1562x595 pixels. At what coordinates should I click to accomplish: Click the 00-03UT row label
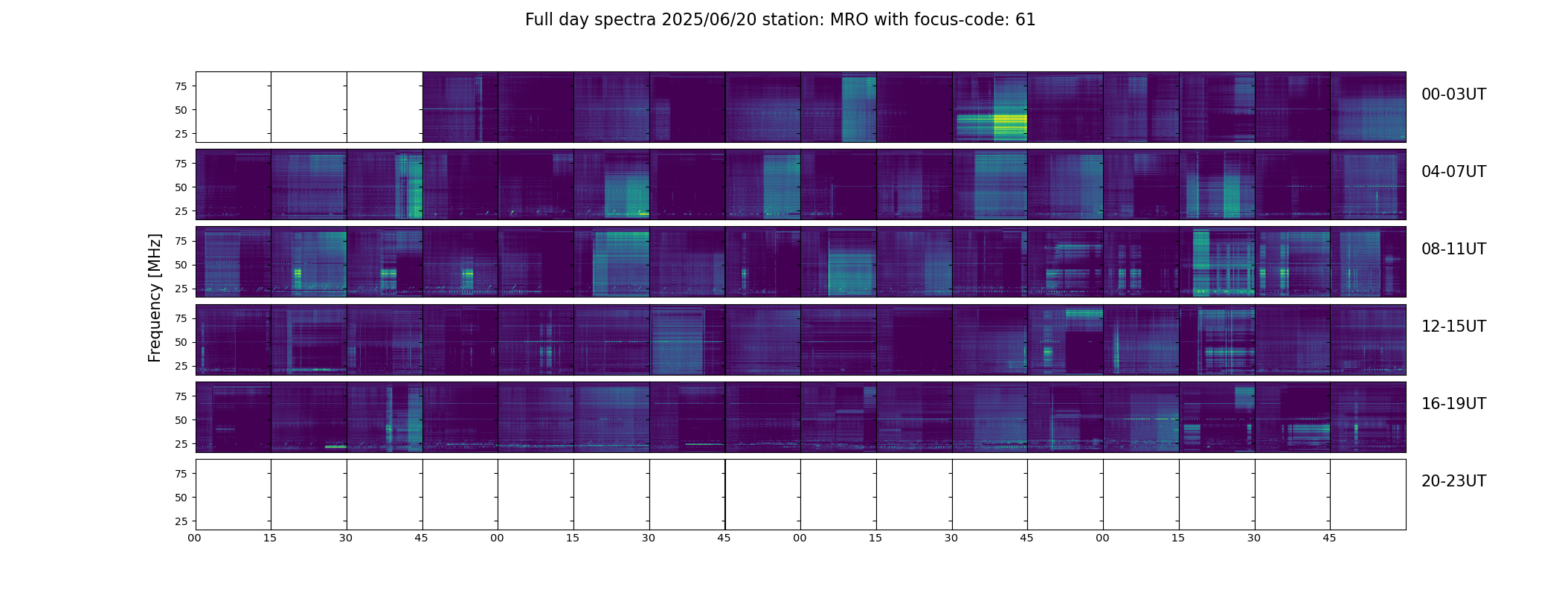tap(1453, 94)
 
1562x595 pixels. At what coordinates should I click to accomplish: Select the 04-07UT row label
tap(1453, 172)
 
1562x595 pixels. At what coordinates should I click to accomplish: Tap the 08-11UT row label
tap(1453, 249)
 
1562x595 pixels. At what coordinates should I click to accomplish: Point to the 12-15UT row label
tap(1453, 327)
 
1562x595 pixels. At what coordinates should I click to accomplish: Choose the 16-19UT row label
tap(1453, 404)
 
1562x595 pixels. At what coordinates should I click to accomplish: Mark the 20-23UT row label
tap(1453, 481)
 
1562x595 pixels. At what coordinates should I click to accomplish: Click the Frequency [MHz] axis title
tap(155, 297)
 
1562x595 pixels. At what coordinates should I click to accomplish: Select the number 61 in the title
tap(1026, 20)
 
